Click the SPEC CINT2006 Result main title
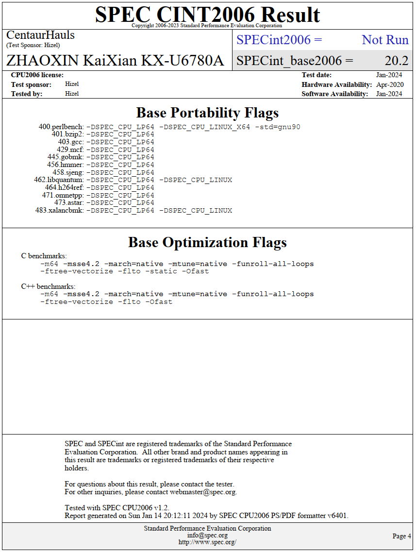207,14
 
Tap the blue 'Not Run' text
385,40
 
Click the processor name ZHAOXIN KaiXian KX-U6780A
115,61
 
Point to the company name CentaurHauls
40,35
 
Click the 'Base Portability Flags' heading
207,113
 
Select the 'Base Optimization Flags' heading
207,242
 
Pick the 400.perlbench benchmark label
61,127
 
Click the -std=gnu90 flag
278,127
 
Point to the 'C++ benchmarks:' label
48,286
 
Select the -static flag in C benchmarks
163,271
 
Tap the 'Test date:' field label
316,75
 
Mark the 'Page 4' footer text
401,536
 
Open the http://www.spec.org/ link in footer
207,542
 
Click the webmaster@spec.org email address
203,492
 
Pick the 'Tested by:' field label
27,94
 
